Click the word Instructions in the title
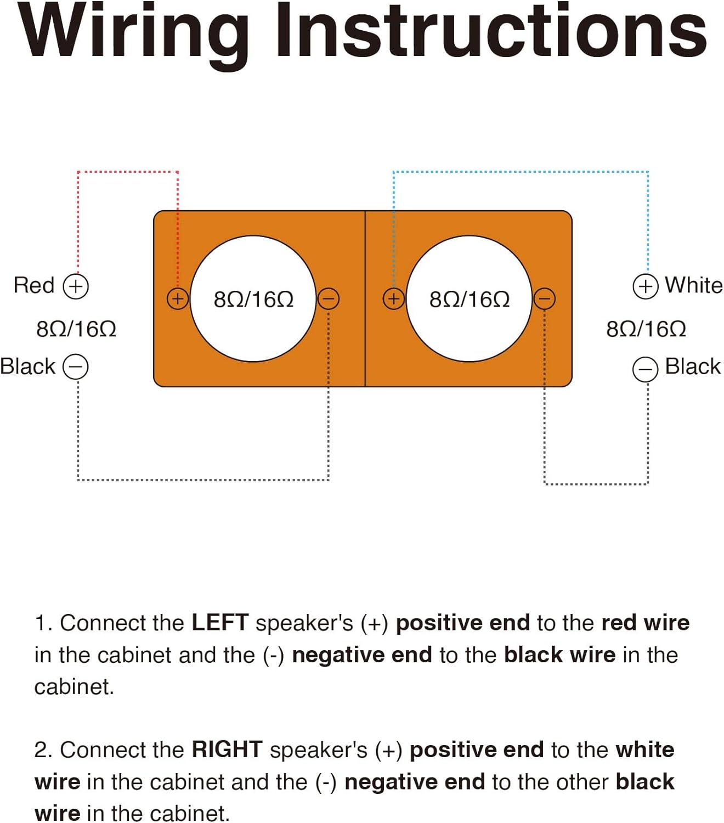tap(492, 31)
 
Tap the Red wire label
tap(34, 285)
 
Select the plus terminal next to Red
tap(76, 286)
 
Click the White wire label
tap(693, 285)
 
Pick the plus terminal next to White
tap(646, 287)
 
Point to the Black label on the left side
tap(27, 367)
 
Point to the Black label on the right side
tap(693, 367)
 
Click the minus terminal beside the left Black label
tap(76, 367)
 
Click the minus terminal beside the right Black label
tap(646, 369)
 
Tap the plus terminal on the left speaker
tap(178, 299)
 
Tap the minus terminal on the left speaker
tap(328, 299)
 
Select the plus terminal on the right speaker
tap(394, 299)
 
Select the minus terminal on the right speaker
tap(545, 299)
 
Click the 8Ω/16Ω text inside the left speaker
tap(253, 300)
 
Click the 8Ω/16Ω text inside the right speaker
tap(470, 300)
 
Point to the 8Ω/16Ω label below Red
tap(76, 329)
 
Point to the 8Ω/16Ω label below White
tap(646, 329)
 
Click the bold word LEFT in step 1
tap(220, 622)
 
